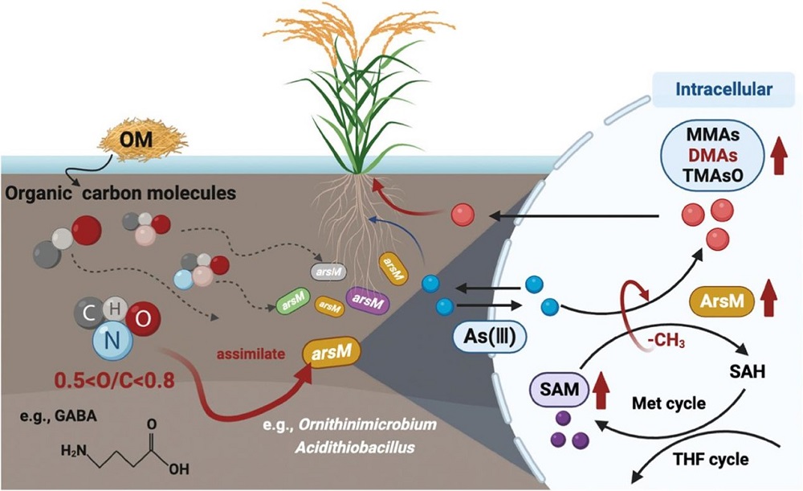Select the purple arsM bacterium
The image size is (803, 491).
(368, 301)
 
